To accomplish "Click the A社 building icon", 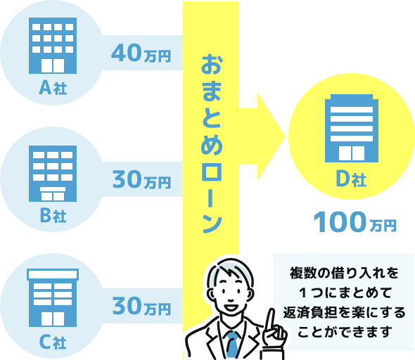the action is [53, 46].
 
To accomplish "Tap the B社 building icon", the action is [53, 174].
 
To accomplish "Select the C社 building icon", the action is [53, 298].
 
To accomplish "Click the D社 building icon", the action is [352, 128].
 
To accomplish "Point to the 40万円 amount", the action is [141, 53].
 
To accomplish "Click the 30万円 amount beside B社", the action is [141, 179].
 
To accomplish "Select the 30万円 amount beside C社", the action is [141, 306].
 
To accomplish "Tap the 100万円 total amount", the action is [355, 223].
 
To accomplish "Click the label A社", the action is [53, 88].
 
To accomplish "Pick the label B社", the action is [53, 215].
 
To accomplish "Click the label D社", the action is [351, 179].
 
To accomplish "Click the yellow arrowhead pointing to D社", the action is [270, 136].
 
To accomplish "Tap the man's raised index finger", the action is [271, 321].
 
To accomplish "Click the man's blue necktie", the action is [233, 345].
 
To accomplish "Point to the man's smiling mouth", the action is [231, 307].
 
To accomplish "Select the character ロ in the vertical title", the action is [211, 172].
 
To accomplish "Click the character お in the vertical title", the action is [211, 64].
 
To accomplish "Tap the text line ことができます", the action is [345, 332].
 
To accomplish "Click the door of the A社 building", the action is [53, 65].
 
